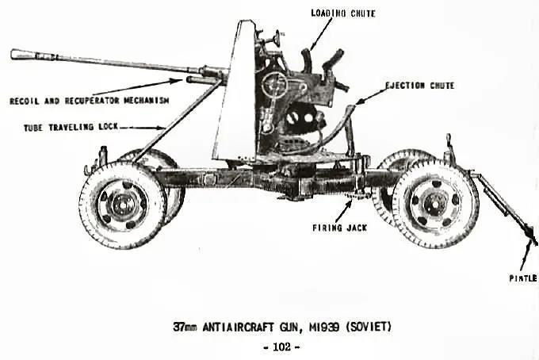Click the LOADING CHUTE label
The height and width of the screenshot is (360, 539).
point(343,13)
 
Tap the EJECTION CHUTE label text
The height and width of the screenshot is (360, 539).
point(420,86)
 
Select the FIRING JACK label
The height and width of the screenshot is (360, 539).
point(339,228)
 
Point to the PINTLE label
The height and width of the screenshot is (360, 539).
point(523,278)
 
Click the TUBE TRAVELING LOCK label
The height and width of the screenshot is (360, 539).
point(71,127)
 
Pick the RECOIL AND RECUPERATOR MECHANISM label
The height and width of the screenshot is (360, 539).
point(90,101)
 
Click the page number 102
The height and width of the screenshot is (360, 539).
point(281,347)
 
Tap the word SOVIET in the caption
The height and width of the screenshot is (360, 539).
point(369,327)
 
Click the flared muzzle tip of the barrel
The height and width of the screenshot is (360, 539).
point(13,55)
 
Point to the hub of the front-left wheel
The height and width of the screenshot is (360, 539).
point(123,205)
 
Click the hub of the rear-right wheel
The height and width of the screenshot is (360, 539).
point(434,205)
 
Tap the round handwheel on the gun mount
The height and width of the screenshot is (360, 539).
point(274,85)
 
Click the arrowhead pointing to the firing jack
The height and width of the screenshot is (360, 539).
point(350,202)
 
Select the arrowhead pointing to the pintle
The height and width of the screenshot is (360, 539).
point(529,243)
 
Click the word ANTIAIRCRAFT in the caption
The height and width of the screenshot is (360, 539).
point(239,327)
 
